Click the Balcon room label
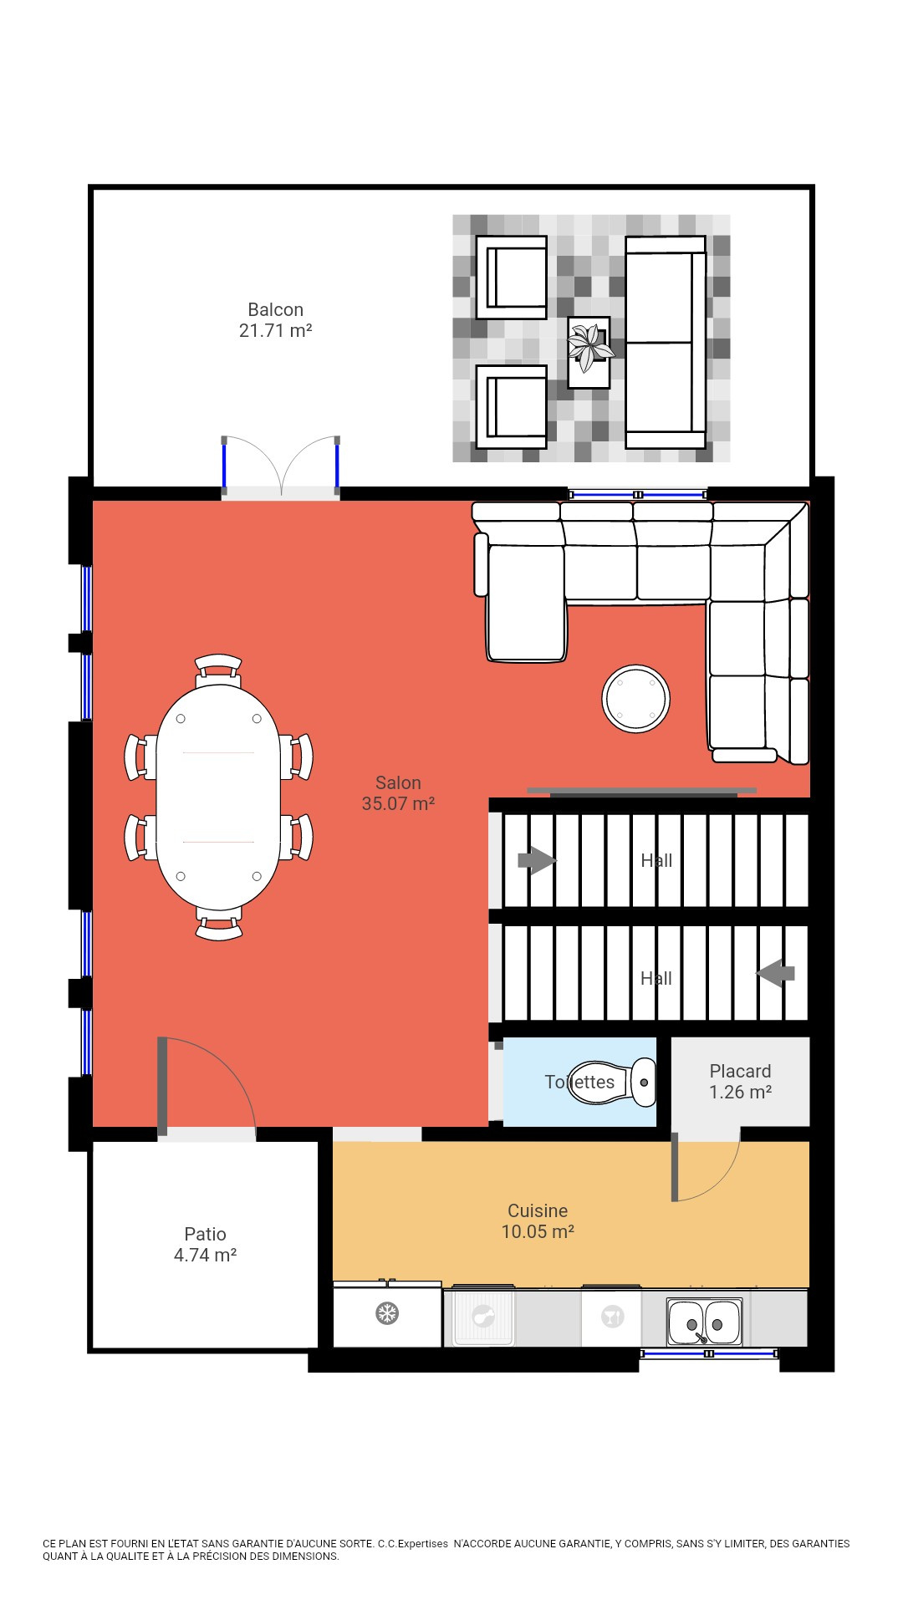[x=275, y=320]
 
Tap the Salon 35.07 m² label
[x=398, y=793]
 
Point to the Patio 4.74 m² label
[x=205, y=1245]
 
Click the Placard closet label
[x=740, y=1082]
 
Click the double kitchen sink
[x=704, y=1322]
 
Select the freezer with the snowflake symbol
[x=387, y=1313]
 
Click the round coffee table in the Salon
[x=636, y=699]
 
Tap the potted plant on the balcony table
[x=590, y=347]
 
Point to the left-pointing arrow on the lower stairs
[x=776, y=973]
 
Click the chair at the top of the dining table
[x=218, y=667]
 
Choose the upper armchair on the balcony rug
[x=511, y=277]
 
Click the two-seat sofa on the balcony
[x=666, y=342]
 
